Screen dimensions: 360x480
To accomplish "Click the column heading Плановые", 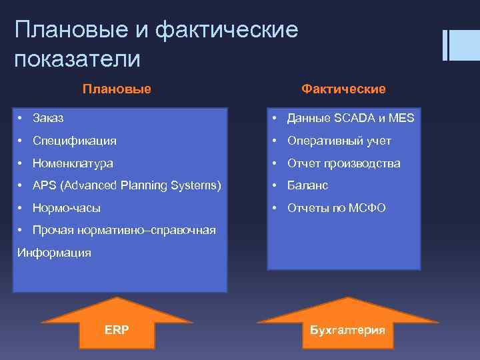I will [117, 89].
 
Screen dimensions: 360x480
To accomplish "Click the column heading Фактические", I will [343, 89].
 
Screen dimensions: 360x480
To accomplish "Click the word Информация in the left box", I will [54, 253].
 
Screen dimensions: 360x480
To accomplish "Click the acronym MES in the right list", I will [403, 118].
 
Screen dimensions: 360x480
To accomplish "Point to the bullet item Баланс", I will [307, 185].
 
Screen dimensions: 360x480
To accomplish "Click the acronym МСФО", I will [366, 208].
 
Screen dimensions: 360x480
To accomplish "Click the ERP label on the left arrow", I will [117, 330].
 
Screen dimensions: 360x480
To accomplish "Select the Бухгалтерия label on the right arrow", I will [347, 330].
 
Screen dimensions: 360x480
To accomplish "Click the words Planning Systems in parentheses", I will [173, 185].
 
